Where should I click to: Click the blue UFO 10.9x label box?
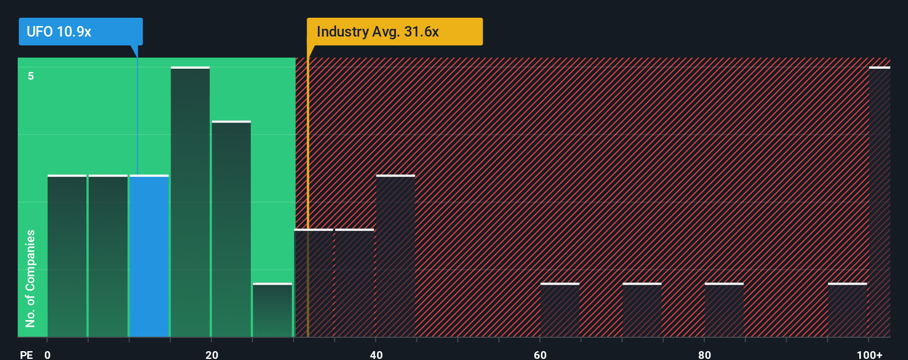(80, 32)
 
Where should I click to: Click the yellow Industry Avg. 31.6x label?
(394, 32)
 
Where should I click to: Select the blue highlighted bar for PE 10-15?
(149, 256)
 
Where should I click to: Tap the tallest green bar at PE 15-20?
(190, 202)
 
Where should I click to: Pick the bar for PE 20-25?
(231, 229)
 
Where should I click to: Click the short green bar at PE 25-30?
(272, 310)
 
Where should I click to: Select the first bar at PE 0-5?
(67, 256)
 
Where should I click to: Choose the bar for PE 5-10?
(108, 256)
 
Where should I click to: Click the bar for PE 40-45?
(395, 256)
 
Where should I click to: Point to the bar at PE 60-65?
(560, 310)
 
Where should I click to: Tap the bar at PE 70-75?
(642, 310)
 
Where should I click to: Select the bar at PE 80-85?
(724, 310)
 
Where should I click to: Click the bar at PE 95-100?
(847, 310)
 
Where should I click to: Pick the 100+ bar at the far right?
(879, 202)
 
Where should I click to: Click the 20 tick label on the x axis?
(211, 354)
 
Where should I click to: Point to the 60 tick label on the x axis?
(540, 354)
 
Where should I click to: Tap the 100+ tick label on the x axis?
(869, 354)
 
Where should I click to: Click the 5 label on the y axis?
(31, 76)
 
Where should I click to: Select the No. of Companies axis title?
(30, 278)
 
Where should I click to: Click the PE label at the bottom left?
(26, 354)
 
